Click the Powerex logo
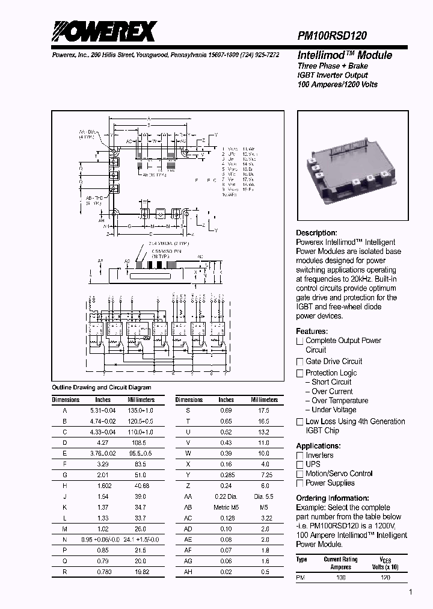coord(103,31)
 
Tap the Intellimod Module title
coord(345,55)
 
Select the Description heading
coord(316,233)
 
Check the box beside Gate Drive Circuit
coord(300,362)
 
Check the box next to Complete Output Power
coord(300,341)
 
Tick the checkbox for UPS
coord(300,465)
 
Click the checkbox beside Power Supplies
coord(300,483)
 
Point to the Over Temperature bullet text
coord(340,401)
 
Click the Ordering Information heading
coord(332,498)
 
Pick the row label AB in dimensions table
coord(188,507)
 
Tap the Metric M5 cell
coord(226,507)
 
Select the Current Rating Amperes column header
coord(340,563)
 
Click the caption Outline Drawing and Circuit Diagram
coord(102,388)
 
